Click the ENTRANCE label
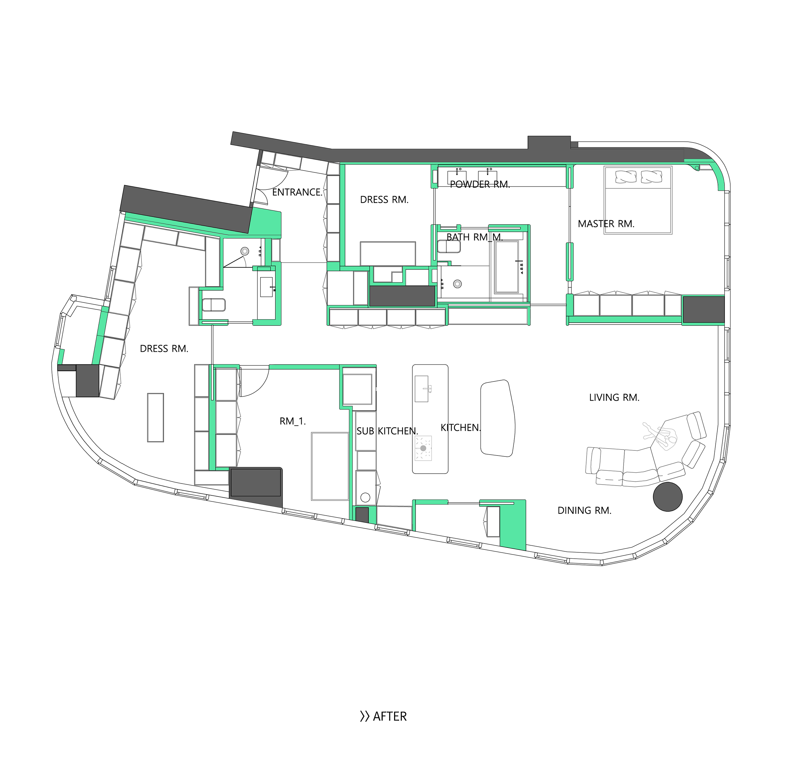[x=297, y=192]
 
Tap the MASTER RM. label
[x=606, y=224]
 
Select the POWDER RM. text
[x=480, y=184]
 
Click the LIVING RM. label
[x=614, y=398]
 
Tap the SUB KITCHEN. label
[x=387, y=431]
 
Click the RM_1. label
[x=293, y=421]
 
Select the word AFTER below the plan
[x=390, y=716]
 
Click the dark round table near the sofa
[x=668, y=497]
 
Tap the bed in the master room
[x=638, y=200]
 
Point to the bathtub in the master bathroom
[x=507, y=267]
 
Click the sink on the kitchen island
[x=422, y=389]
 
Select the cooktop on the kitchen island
[x=423, y=448]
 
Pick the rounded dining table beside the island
[x=498, y=418]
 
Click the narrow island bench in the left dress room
[x=155, y=418]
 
